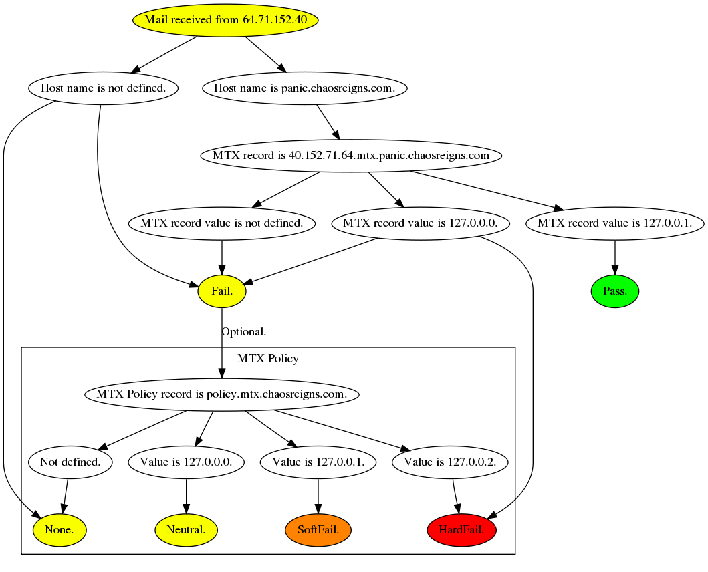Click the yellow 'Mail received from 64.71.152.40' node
pyautogui.click(x=225, y=20)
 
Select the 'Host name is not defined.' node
pyautogui.click(x=103, y=88)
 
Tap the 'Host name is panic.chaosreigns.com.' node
pyautogui.click(x=304, y=88)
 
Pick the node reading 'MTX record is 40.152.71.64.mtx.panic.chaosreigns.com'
pyautogui.click(x=351, y=156)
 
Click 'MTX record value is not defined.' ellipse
pyautogui.click(x=221, y=223)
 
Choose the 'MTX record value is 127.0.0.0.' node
pyautogui.click(x=421, y=223)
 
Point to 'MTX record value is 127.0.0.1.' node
pyautogui.click(x=614, y=223)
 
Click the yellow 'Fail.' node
pyautogui.click(x=222, y=291)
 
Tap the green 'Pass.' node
pyautogui.click(x=615, y=291)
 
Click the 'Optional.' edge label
pyautogui.click(x=244, y=331)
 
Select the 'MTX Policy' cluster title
pyautogui.click(x=267, y=359)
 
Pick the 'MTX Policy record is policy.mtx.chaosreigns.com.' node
pyautogui.click(x=221, y=394)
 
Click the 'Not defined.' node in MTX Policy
pyautogui.click(x=70, y=462)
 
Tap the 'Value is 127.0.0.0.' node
pyautogui.click(x=186, y=462)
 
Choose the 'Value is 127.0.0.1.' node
pyautogui.click(x=318, y=462)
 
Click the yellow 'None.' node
pyautogui.click(x=60, y=530)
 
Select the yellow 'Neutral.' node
pyautogui.click(x=186, y=530)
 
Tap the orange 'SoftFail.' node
pyautogui.click(x=318, y=530)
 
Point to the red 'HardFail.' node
pyautogui.click(x=461, y=530)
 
